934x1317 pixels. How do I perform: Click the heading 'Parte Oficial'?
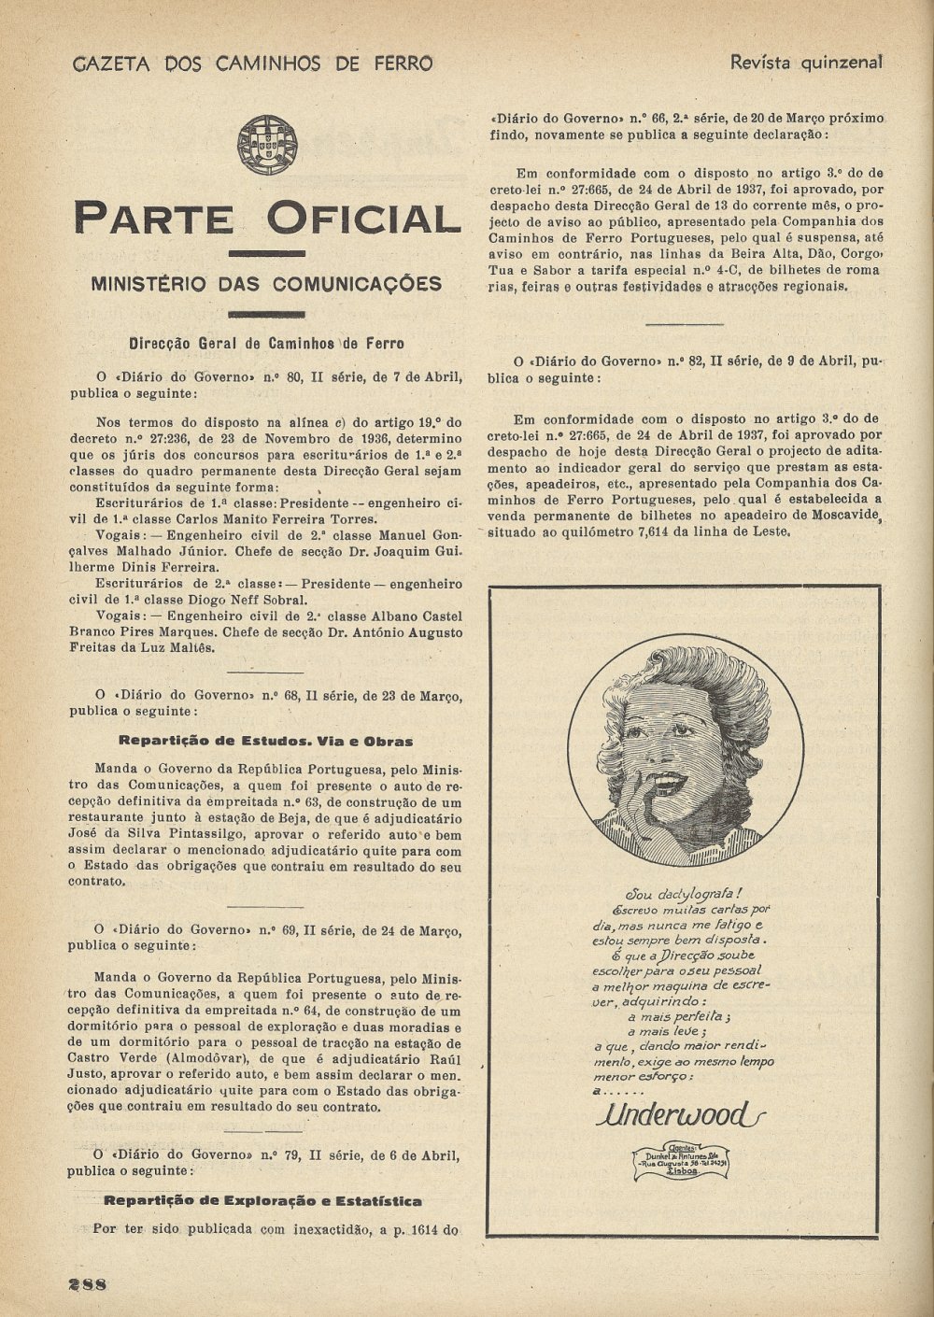267,218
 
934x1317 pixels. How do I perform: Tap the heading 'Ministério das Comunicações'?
267,283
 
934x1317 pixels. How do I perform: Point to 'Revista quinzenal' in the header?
806,63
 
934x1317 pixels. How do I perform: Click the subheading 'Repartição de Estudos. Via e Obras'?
267,742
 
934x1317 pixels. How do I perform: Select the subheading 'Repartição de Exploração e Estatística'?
262,1201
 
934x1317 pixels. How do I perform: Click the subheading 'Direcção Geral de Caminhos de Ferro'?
266,343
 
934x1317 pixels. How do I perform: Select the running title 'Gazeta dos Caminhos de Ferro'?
253,64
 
